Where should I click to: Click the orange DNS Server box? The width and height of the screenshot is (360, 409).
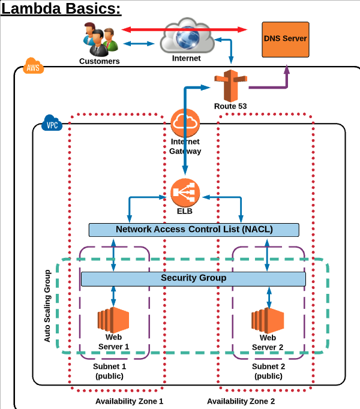(x=285, y=39)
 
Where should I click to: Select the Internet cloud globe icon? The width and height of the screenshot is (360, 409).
(x=187, y=37)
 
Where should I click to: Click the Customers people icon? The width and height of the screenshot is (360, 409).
(x=99, y=39)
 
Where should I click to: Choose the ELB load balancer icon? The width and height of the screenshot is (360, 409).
(x=184, y=192)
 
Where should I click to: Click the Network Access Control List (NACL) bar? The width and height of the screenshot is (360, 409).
(x=194, y=230)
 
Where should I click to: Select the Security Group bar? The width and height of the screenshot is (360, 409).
(x=193, y=278)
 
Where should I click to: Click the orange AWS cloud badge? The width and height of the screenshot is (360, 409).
(x=32, y=67)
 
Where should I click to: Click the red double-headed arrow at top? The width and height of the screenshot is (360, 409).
(x=185, y=29)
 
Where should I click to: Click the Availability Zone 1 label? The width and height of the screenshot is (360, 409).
(x=129, y=401)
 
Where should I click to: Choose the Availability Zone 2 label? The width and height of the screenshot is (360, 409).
(x=241, y=401)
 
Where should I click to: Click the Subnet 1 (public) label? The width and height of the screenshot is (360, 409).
(x=109, y=371)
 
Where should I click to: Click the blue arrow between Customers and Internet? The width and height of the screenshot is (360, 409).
(x=139, y=43)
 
